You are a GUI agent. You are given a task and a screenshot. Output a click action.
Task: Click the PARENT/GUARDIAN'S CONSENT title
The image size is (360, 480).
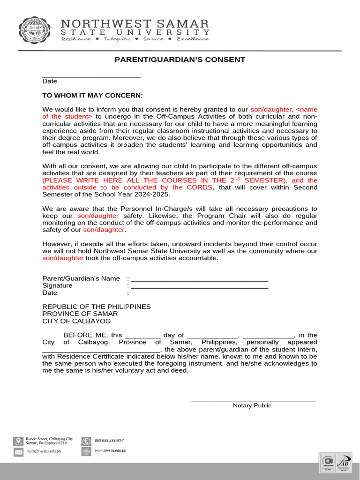click(x=180, y=60)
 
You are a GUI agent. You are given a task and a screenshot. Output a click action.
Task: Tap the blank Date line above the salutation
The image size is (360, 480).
click(x=91, y=75)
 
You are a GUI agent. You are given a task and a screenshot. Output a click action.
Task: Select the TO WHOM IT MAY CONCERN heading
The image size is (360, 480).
click(x=92, y=95)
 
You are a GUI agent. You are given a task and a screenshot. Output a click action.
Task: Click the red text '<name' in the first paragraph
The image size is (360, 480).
click(x=307, y=109)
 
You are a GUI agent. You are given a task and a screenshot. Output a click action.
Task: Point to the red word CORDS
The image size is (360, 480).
click(x=200, y=187)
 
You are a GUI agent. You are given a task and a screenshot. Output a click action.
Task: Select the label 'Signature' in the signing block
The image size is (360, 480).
click(x=57, y=285)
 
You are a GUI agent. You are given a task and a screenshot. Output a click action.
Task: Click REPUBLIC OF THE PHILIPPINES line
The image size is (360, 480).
click(x=97, y=307)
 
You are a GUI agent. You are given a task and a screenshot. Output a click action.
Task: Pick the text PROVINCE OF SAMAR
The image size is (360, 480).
click(x=80, y=314)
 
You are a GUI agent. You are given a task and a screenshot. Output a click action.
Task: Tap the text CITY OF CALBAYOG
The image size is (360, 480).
click(x=76, y=321)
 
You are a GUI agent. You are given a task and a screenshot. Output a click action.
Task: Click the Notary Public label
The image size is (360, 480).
click(x=252, y=405)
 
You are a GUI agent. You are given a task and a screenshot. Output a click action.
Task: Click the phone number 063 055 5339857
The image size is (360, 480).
click(x=109, y=441)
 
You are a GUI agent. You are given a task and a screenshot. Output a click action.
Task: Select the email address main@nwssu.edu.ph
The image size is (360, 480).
click(x=44, y=451)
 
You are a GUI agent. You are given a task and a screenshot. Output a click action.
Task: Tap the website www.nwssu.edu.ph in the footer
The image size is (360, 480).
click(x=110, y=450)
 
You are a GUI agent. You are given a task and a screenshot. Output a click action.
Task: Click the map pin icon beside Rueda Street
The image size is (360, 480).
click(x=18, y=441)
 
